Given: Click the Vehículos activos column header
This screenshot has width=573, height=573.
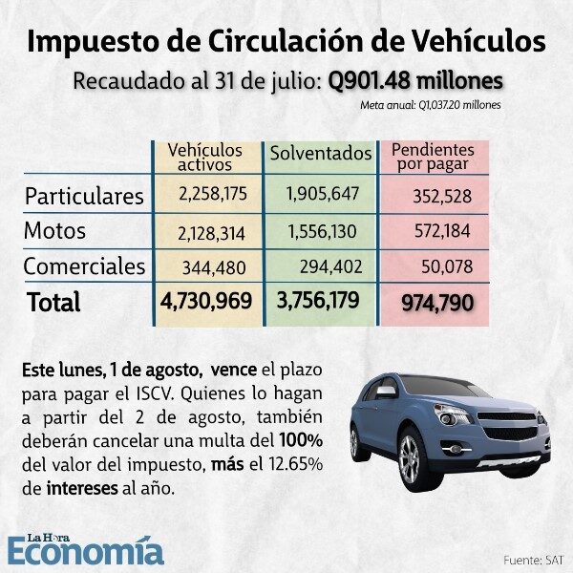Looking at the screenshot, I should pyautogui.click(x=204, y=159).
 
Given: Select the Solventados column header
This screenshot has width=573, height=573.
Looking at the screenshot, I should pyautogui.click(x=321, y=153).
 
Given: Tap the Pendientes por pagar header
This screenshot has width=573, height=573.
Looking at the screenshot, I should pyautogui.click(x=434, y=158).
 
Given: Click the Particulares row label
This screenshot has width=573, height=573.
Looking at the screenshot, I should pyautogui.click(x=84, y=196).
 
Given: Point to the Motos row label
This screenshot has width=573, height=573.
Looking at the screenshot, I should pyautogui.click(x=55, y=231).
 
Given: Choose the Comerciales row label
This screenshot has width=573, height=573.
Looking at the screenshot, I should pyautogui.click(x=84, y=265).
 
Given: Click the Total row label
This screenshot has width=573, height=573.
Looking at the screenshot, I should pyautogui.click(x=53, y=302).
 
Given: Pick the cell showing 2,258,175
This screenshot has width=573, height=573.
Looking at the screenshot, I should pyautogui.click(x=212, y=194).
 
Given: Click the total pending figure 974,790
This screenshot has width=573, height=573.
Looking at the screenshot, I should pyautogui.click(x=435, y=303).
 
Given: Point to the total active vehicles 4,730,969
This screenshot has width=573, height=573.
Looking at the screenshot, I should pyautogui.click(x=207, y=301).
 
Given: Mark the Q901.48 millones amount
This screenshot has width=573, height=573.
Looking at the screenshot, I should pyautogui.click(x=415, y=79).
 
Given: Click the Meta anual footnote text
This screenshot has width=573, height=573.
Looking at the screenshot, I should pyautogui.click(x=431, y=104).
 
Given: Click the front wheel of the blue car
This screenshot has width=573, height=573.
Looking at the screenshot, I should pyautogui.click(x=411, y=457).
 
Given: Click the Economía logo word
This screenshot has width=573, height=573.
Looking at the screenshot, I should pyautogui.click(x=86, y=550).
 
